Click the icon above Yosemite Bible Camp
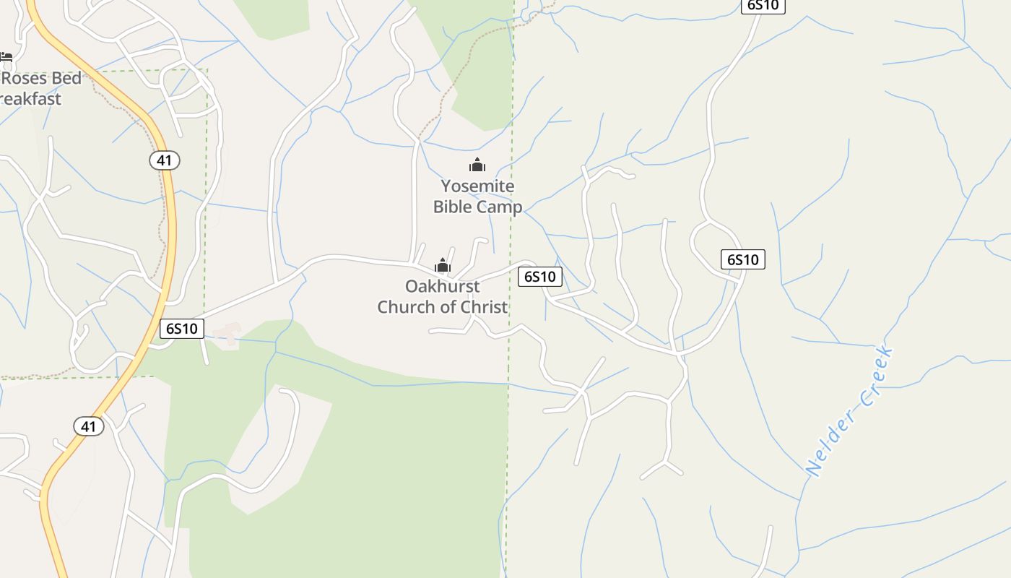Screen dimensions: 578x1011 [x=477, y=165]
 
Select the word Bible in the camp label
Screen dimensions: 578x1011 [x=453, y=207]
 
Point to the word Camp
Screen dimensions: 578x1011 [x=499, y=207]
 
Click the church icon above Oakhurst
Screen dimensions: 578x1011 [x=443, y=266]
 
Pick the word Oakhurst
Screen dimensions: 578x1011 [x=442, y=286]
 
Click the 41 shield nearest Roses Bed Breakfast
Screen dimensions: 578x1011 [x=165, y=160]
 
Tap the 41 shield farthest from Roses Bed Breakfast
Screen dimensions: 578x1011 [x=88, y=426]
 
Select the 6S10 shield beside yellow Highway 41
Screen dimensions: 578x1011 [x=182, y=329]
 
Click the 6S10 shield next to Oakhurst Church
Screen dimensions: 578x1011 [x=540, y=276]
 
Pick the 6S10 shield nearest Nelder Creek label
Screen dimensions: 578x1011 [x=742, y=259]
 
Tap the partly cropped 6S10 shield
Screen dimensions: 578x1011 [x=763, y=6]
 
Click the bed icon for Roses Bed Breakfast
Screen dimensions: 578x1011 [x=6, y=56]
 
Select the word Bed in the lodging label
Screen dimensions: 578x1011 [x=66, y=78]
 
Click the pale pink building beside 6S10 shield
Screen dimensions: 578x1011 [x=228, y=333]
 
